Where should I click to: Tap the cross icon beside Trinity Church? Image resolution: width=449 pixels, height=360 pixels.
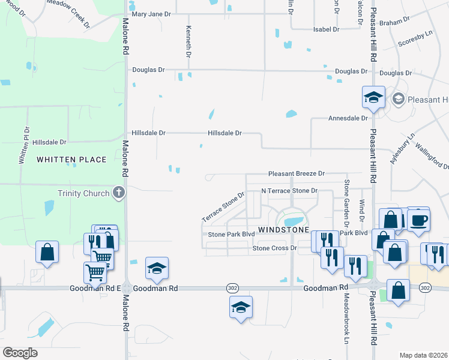119,193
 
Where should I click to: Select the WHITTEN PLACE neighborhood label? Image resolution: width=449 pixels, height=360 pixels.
71,160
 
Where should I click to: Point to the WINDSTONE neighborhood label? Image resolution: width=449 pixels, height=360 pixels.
283,230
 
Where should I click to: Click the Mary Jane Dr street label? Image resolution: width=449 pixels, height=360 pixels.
151,14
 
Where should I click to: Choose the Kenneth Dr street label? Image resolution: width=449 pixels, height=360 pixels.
188,42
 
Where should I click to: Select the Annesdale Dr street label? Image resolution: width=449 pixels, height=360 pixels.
348,118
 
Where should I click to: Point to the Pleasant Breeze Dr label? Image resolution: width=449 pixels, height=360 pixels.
296,173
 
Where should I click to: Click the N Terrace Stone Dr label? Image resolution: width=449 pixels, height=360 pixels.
288,191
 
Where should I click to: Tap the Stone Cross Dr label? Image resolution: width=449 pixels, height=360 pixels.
275,248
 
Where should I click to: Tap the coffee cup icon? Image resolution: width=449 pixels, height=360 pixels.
418,220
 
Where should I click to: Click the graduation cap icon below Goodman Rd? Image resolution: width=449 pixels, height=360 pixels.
241,307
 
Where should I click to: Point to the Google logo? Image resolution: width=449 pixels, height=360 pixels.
20,352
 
